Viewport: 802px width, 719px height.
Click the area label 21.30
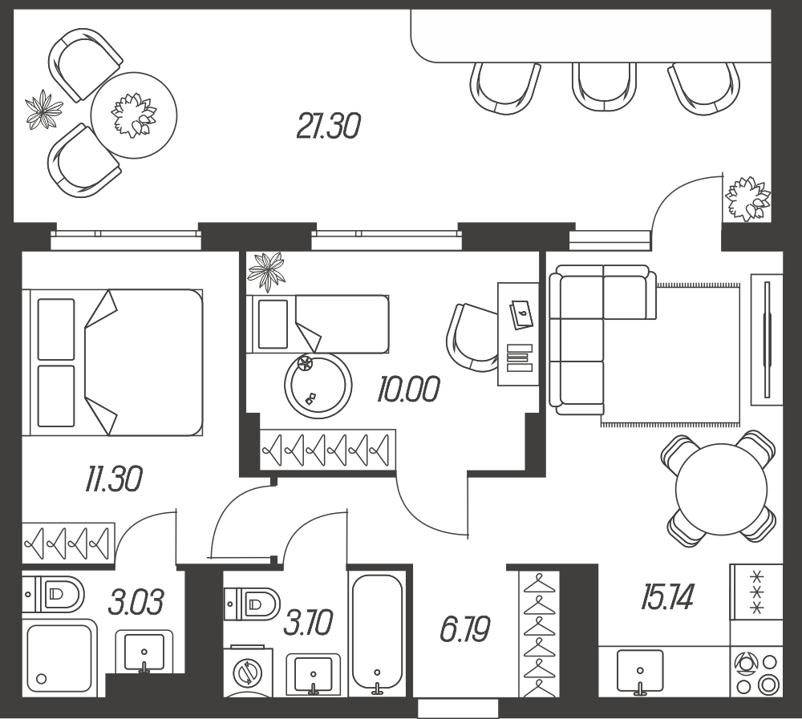click(328, 127)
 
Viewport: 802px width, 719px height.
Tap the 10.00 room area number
click(407, 390)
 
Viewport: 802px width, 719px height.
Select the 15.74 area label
click(666, 597)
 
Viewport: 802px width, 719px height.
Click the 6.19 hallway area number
click(464, 629)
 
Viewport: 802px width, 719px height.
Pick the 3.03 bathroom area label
click(136, 602)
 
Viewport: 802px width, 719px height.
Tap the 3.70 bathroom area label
click(308, 622)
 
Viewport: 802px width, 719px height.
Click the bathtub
click(378, 633)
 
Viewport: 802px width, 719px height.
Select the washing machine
click(248, 672)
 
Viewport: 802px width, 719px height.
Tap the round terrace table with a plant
click(134, 115)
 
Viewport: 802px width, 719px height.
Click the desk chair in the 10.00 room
click(472, 337)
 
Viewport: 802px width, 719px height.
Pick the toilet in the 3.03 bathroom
click(54, 595)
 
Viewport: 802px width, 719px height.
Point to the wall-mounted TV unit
click(766, 340)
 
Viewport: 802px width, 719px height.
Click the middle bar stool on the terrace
click(605, 87)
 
